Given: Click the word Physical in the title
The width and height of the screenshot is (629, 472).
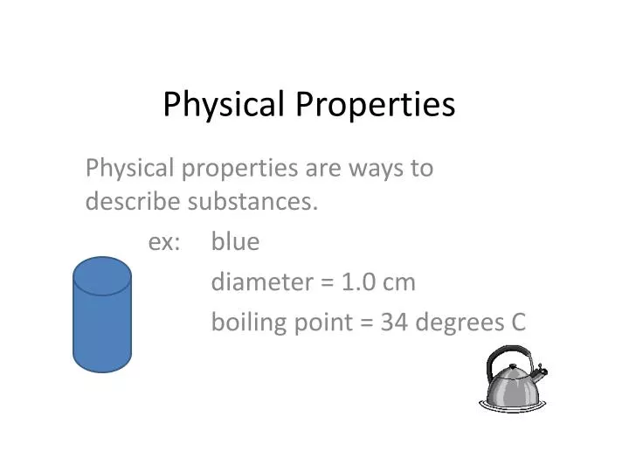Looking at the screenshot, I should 222,105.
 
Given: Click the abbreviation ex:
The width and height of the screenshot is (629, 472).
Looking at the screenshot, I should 164,241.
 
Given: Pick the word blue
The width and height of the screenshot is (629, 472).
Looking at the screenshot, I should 235,241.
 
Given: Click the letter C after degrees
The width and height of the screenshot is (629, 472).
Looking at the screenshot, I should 517,323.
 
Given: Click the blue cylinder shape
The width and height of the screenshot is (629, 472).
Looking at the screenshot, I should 102,328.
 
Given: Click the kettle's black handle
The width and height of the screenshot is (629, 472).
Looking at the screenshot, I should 508,354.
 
